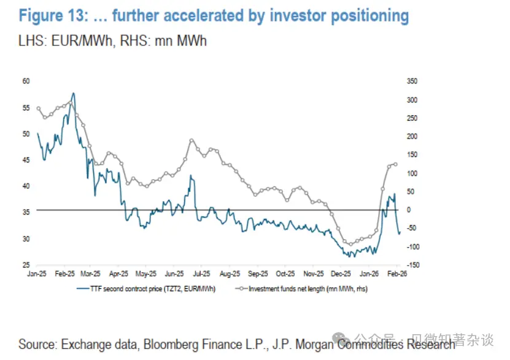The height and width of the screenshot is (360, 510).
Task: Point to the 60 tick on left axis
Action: pos(26,81)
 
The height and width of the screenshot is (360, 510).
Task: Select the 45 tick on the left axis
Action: pos(26,160)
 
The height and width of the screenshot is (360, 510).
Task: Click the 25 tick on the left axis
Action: pos(26,265)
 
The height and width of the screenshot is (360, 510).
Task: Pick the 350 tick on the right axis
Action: pos(412,81)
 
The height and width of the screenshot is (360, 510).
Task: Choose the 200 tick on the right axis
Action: pos(412,136)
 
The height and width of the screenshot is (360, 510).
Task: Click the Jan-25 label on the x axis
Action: pos(37,274)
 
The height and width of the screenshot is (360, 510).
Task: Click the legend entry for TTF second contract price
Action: pos(147,288)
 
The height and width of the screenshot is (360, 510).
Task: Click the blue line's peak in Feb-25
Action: pos(74,93)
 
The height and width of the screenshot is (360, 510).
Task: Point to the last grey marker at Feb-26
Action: pos(396,164)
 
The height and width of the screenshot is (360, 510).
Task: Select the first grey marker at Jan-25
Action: pos(39,109)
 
